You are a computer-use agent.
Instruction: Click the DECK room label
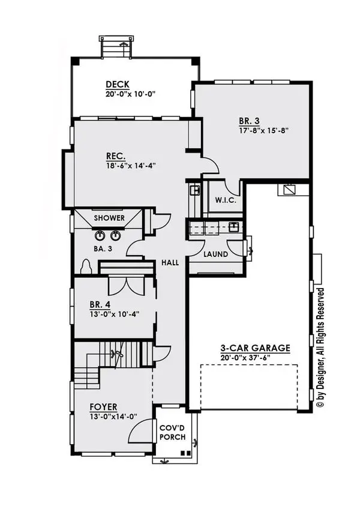pyautogui.click(x=118, y=85)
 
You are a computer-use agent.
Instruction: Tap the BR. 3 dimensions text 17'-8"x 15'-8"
pyautogui.click(x=264, y=131)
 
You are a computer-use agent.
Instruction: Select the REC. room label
pyautogui.click(x=116, y=156)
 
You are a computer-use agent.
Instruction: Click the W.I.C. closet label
pyautogui.click(x=226, y=200)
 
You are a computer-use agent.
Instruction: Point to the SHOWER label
pyautogui.click(x=109, y=218)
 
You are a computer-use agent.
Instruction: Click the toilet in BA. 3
pyautogui.click(x=86, y=267)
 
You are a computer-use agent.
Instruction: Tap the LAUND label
pyautogui.click(x=215, y=254)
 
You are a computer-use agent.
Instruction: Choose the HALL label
pyautogui.click(x=170, y=262)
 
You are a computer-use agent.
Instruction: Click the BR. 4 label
pyautogui.click(x=100, y=304)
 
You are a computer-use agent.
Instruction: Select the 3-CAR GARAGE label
pyautogui.click(x=255, y=348)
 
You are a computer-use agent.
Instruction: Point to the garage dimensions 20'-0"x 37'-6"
pyautogui.click(x=245, y=357)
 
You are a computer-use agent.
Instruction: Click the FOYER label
pyautogui.click(x=104, y=407)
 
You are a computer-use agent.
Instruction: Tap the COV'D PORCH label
pyautogui.click(x=173, y=432)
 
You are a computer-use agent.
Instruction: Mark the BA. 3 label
pyautogui.click(x=103, y=249)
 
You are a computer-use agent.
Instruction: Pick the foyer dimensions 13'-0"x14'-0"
pyautogui.click(x=113, y=416)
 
